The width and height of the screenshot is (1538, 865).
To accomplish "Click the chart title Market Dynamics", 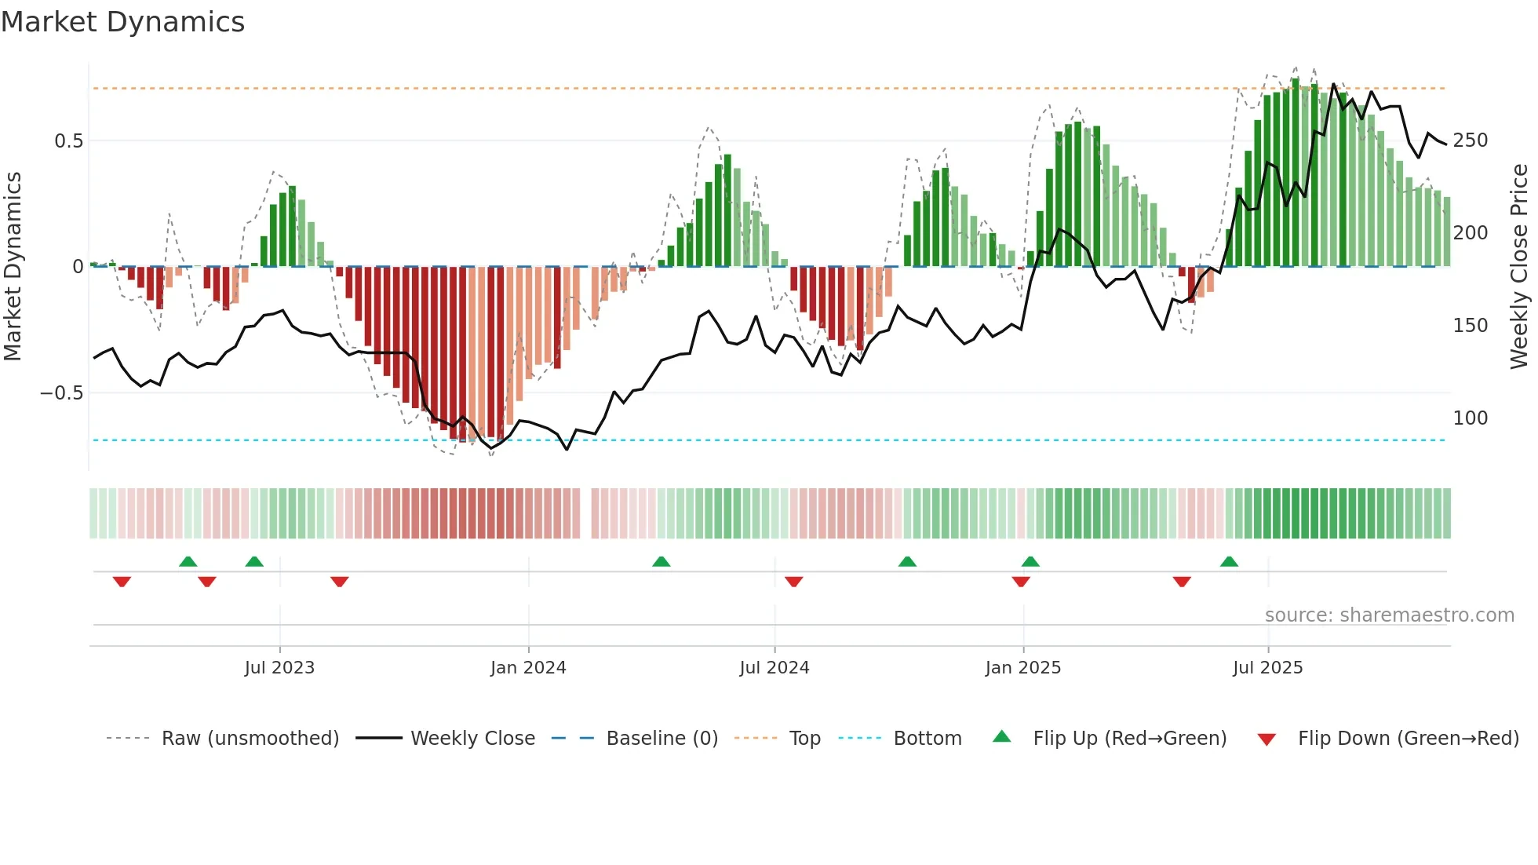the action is click(123, 22).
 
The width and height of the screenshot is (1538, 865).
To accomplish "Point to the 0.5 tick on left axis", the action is click(68, 141).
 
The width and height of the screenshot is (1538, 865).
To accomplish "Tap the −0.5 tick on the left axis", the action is click(62, 393).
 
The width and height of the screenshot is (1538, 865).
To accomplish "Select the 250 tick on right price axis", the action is click(1470, 141).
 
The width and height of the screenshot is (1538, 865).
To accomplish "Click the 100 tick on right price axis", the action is click(1470, 418).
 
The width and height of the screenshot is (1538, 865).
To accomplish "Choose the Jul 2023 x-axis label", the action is click(279, 668).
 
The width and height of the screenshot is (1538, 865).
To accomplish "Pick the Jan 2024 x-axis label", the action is click(528, 668).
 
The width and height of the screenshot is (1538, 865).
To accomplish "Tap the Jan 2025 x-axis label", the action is click(1022, 668).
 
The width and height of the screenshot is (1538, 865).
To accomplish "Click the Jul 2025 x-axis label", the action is click(1267, 668).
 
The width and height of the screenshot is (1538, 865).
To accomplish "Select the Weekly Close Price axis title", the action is click(1519, 267).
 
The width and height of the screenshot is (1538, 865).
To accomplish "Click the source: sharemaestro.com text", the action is click(1389, 615).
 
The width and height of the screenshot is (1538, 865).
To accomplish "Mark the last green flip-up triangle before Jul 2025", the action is click(1229, 562).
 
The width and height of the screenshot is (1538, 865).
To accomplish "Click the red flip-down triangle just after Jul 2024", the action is click(793, 582).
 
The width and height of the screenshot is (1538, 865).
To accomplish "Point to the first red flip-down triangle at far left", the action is click(122, 582).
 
